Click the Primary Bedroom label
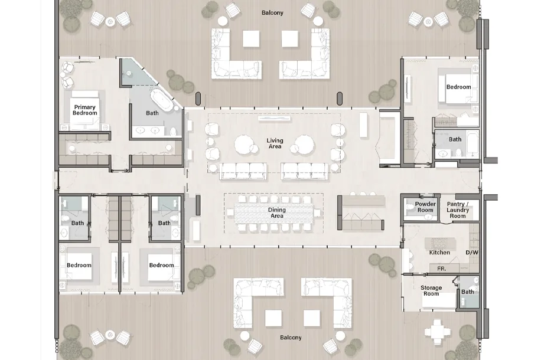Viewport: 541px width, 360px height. pyautogui.click(x=85, y=110)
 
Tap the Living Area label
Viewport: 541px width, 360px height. pyautogui.click(x=275, y=143)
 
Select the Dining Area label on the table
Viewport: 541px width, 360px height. pyautogui.click(x=277, y=213)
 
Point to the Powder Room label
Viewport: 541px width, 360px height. pyautogui.click(x=425, y=207)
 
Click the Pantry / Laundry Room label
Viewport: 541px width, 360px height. pyautogui.click(x=458, y=210)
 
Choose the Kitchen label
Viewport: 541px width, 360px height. pyautogui.click(x=439, y=253)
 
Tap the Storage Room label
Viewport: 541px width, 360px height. pyautogui.click(x=431, y=291)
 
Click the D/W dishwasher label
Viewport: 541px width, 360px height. pyautogui.click(x=472, y=253)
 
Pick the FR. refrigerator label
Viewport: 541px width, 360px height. pyautogui.click(x=442, y=269)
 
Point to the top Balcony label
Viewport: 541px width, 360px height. pyautogui.click(x=272, y=13)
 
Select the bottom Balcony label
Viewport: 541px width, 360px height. pyautogui.click(x=291, y=338)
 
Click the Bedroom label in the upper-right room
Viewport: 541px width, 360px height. pyautogui.click(x=458, y=87)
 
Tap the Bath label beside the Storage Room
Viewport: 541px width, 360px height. pyautogui.click(x=468, y=292)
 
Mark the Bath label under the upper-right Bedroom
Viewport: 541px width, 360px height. pyautogui.click(x=455, y=139)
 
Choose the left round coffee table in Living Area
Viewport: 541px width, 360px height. pyautogui.click(x=246, y=145)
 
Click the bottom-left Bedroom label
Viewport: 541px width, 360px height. pyautogui.click(x=79, y=265)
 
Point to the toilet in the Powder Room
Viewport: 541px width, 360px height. pyautogui.click(x=410, y=207)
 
